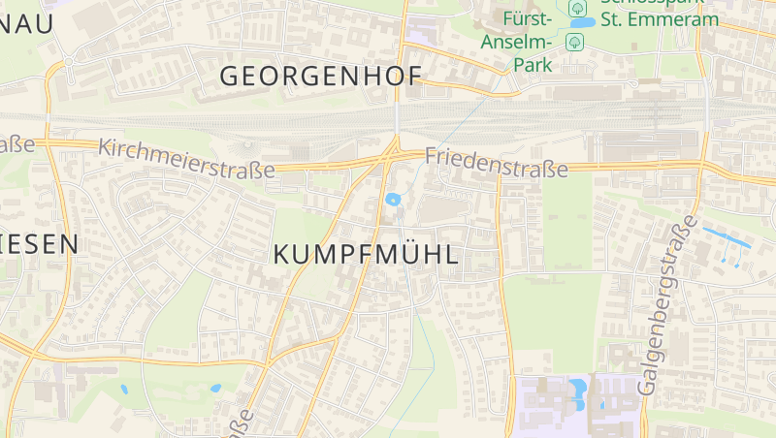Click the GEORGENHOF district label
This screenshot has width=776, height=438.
click(x=321, y=76)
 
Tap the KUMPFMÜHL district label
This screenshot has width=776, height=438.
click(x=366, y=255)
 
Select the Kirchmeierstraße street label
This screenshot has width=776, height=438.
click(x=186, y=160)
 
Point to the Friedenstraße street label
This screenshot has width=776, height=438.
click(x=496, y=162)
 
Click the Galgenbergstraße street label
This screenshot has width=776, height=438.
click(x=668, y=304)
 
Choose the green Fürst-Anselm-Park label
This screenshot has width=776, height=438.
click(x=529, y=42)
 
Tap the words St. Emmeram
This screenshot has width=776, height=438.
click(x=660, y=19)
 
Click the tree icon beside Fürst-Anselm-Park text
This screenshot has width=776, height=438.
click(x=574, y=42)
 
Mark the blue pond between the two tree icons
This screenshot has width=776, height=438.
click(x=583, y=22)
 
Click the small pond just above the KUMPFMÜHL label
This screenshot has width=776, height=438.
click(x=393, y=200)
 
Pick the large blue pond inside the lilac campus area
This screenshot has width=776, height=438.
click(x=579, y=390)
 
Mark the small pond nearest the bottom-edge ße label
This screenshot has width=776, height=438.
click(x=215, y=389)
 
